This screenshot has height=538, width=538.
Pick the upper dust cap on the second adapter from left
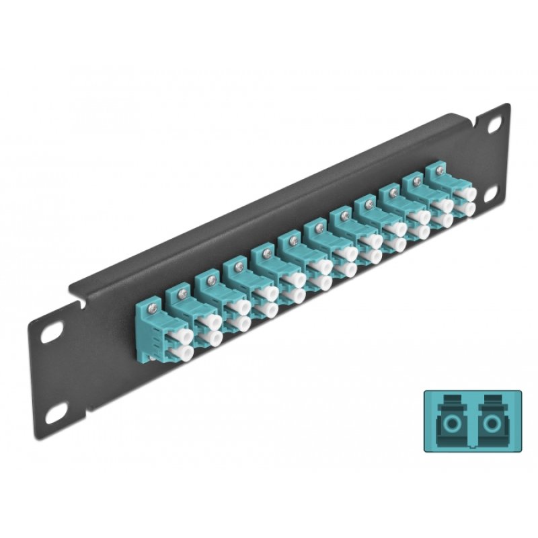[205, 322]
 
